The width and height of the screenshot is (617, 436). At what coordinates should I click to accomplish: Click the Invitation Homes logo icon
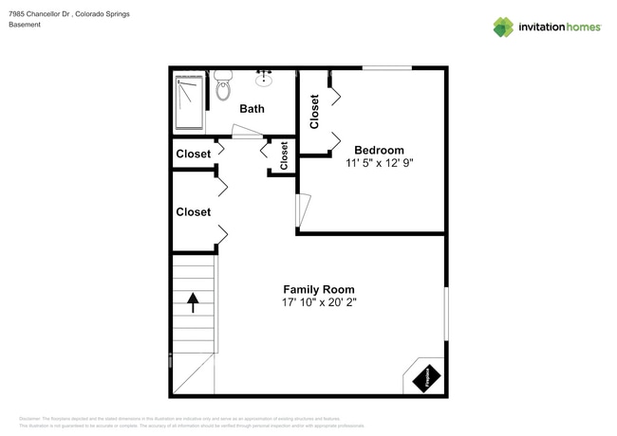point(502,27)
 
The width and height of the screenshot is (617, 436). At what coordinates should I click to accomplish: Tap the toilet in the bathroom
point(223,85)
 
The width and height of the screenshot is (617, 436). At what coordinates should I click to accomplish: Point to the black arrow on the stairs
point(194,302)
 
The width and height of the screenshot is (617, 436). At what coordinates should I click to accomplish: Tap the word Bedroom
point(379,150)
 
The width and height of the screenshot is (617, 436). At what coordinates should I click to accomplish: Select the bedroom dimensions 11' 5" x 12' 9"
point(379,163)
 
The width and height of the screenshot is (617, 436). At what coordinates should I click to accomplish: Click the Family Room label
point(318,289)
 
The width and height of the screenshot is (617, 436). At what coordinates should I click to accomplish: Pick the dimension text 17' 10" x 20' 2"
point(318,303)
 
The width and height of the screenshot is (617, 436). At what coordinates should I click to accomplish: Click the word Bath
point(252,109)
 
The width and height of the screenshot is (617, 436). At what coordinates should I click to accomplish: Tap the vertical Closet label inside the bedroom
point(314,111)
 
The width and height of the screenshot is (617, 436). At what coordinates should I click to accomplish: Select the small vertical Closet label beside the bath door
point(284,155)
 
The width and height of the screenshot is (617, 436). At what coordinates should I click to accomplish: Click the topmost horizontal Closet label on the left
point(193,154)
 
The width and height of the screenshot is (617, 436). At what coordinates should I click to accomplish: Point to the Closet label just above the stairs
point(193,212)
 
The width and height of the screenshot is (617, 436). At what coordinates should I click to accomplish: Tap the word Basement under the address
point(25,26)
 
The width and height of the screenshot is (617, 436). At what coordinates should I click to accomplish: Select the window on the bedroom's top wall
point(386,68)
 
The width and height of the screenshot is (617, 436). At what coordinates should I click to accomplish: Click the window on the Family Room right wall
point(445,312)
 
